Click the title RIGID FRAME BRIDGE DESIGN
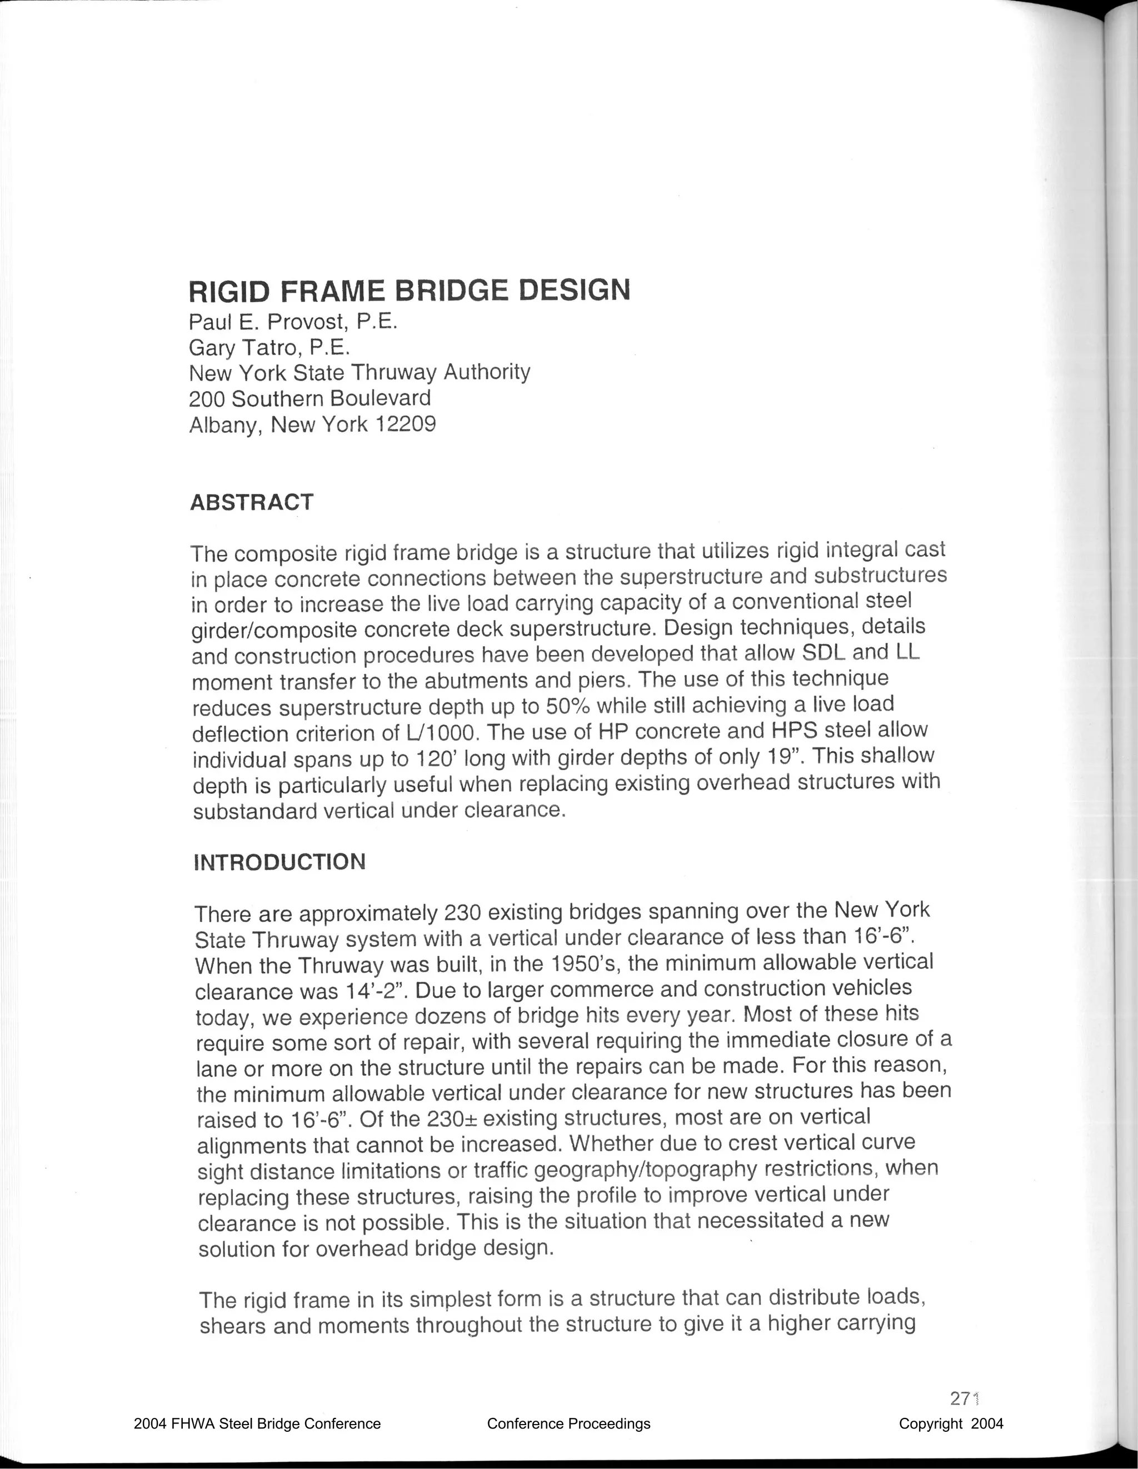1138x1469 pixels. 409,291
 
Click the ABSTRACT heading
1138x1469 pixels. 252,502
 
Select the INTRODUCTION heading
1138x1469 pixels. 279,862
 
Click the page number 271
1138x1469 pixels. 963,1398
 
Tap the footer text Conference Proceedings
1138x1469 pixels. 568,1423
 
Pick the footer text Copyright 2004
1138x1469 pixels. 950,1423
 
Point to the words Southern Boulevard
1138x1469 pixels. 330,399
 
